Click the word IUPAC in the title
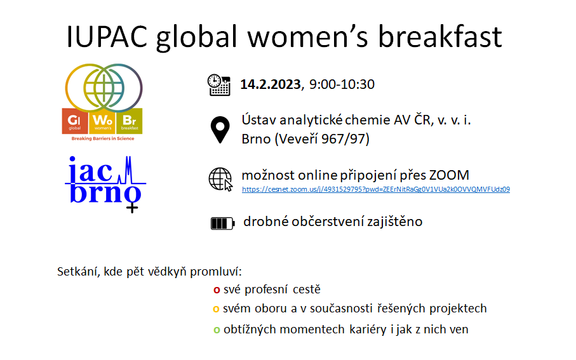pos(107,37)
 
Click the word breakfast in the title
pos(440,37)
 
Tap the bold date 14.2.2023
pos(271,84)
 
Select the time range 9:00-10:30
pos(342,84)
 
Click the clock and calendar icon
pos(219,85)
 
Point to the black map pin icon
pos(220,130)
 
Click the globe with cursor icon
pos(220,179)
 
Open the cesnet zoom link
pos(376,189)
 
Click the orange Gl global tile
pos(74,121)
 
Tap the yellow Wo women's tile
pos(102,121)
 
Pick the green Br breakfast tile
pos(130,121)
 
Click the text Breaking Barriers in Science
pos(103,138)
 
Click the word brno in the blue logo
pos(105,193)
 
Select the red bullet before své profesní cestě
pos(217,290)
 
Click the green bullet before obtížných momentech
pos(217,330)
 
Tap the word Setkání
pos(79,272)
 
